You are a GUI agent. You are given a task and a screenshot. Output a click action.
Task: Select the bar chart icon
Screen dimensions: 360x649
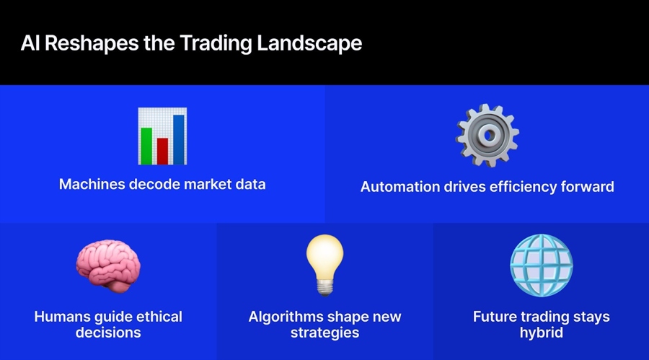(162, 136)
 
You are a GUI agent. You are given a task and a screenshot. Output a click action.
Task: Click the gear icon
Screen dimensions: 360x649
(487, 135)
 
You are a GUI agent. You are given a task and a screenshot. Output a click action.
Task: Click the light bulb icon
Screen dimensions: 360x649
(324, 264)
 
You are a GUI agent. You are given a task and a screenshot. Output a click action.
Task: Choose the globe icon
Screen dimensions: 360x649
(541, 264)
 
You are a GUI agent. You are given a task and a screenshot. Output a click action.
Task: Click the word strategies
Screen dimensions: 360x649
(324, 333)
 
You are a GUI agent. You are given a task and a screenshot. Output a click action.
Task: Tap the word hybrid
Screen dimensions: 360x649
(541, 333)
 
